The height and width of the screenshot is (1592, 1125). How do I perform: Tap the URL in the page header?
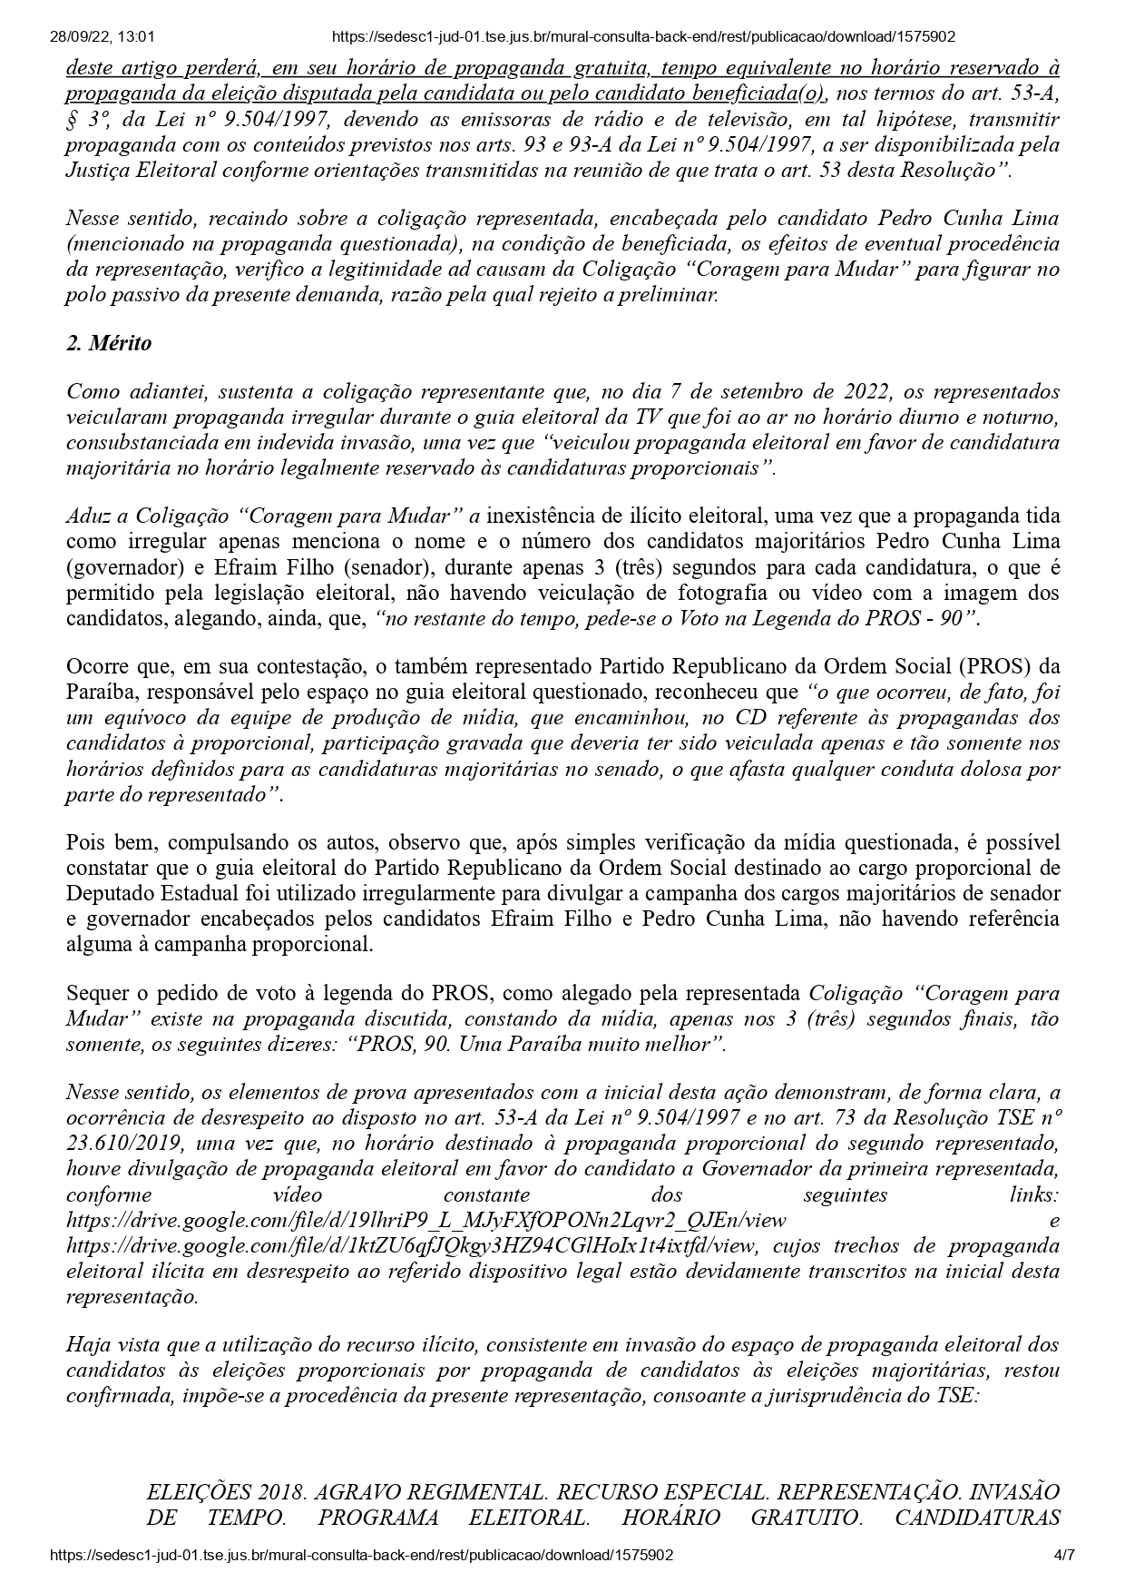[x=643, y=37]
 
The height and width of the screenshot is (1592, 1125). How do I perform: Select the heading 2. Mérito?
[x=109, y=343]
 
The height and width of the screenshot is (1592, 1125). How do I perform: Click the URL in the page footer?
[x=362, y=1555]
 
